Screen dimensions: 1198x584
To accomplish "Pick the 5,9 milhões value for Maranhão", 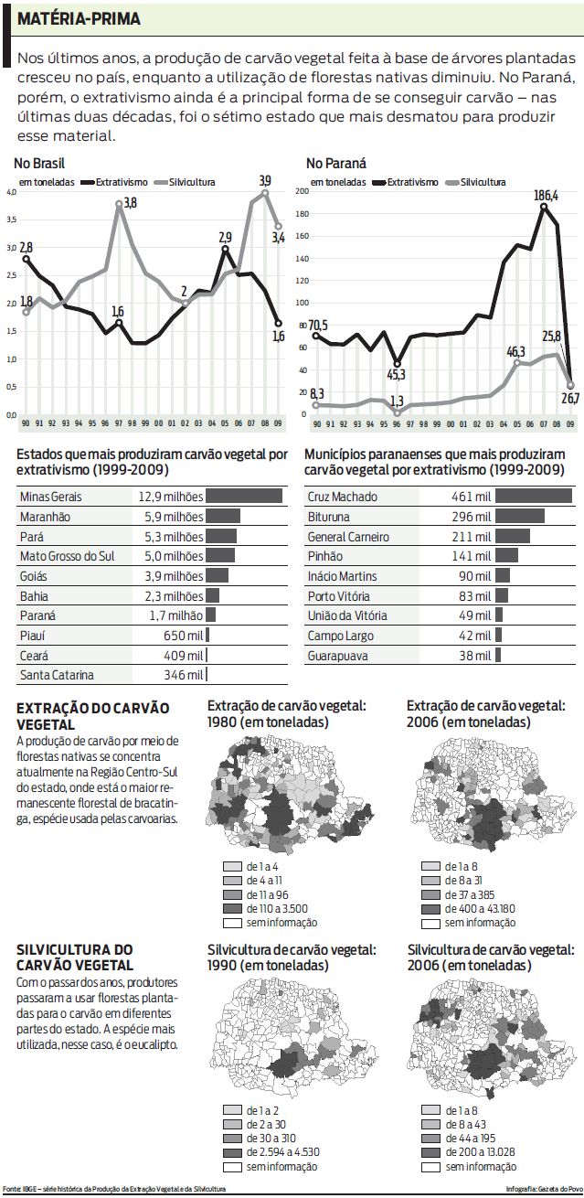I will coord(171,517).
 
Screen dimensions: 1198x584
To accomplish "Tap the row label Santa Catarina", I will coord(57,676).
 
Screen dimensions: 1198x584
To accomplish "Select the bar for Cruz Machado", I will coord(532,497).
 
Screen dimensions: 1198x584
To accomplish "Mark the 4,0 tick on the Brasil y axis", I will coord(11,193).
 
